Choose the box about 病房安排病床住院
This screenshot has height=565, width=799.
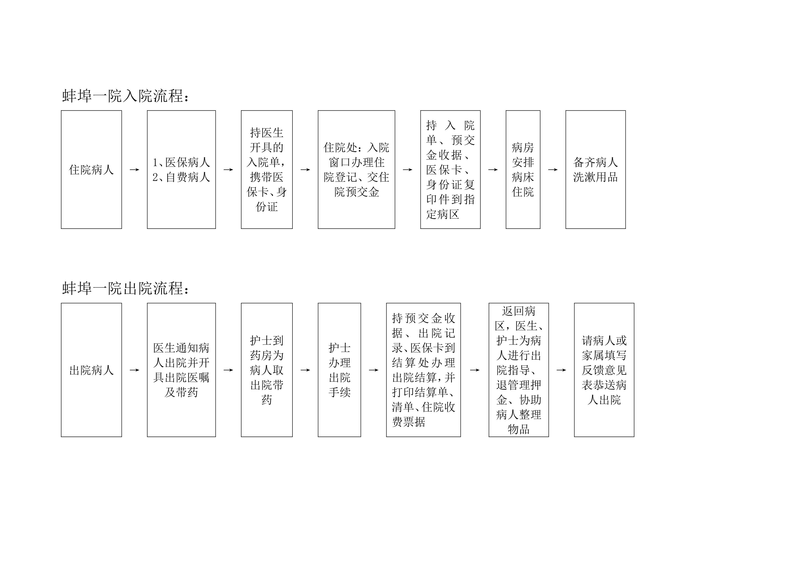(523, 169)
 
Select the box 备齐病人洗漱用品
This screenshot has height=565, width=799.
(595, 169)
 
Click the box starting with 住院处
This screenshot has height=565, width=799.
(356, 169)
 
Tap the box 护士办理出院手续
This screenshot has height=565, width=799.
(339, 370)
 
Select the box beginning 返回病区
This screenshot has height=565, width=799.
(519, 370)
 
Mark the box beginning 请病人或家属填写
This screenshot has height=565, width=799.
(604, 370)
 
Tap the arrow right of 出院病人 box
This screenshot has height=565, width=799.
(134, 370)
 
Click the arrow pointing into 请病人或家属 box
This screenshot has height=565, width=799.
(561, 370)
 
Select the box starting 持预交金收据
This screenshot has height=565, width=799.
(423, 370)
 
